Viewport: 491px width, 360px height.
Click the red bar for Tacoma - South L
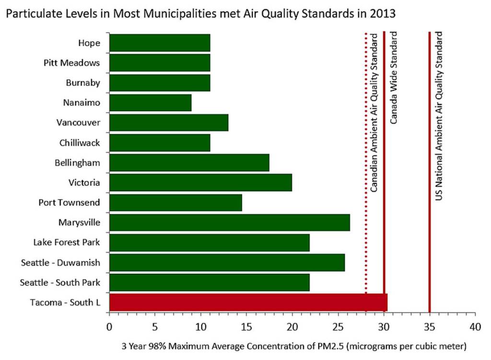(x=248, y=303)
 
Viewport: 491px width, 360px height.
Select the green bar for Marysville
(x=229, y=223)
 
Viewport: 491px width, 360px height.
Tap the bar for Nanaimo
(x=150, y=103)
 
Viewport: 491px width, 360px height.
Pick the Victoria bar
(x=200, y=183)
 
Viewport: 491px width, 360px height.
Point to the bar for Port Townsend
(x=175, y=203)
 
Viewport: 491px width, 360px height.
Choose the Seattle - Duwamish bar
(x=227, y=263)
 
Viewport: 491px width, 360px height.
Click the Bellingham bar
(x=189, y=163)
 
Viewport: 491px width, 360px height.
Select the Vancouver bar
(x=168, y=123)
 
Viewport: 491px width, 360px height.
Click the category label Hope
(x=89, y=43)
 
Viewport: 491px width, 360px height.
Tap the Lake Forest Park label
(x=67, y=243)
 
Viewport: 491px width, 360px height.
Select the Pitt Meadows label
(x=72, y=63)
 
